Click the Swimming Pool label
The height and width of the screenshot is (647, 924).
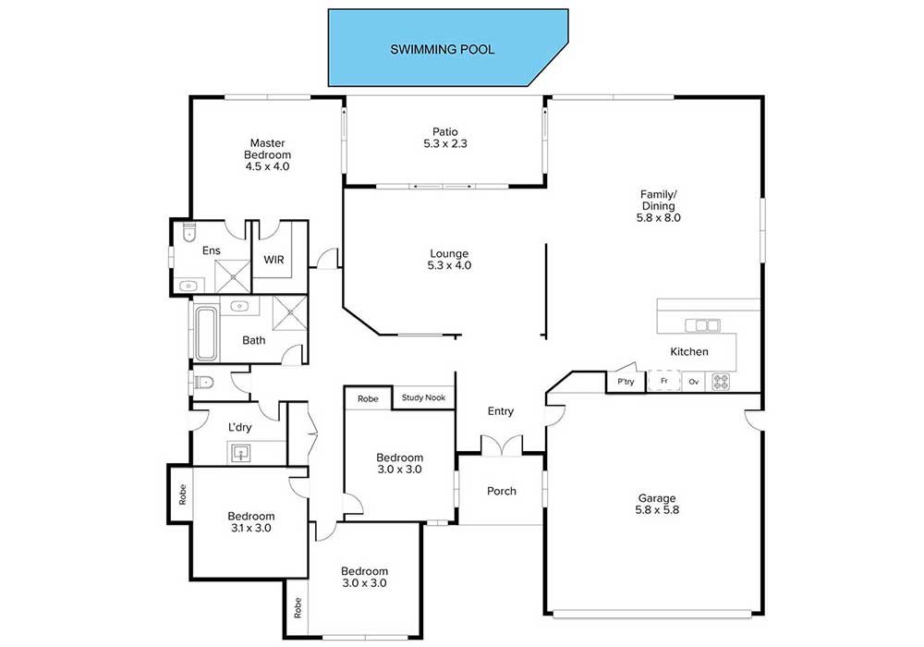coord(442,50)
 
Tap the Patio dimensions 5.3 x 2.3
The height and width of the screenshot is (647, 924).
coord(445,143)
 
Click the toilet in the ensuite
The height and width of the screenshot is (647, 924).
coord(189,232)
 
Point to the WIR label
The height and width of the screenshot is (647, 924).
coord(274,260)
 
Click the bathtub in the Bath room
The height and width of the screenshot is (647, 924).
coord(206,333)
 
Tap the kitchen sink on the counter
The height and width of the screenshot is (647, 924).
coord(702,325)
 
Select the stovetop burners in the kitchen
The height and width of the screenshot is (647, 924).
coord(721,381)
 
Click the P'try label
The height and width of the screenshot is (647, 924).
coord(626,381)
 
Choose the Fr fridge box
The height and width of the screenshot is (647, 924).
coord(664,381)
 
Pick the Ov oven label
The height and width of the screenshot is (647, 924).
coord(694,382)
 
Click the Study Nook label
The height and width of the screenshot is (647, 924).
coord(423,397)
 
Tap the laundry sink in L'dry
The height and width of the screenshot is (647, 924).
coord(240,454)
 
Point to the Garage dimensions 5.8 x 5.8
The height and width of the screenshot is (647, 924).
coord(657,509)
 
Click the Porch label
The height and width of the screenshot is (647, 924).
coord(502,491)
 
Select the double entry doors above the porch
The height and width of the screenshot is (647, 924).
coord(502,445)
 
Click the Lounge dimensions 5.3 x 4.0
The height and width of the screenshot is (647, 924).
coord(449,265)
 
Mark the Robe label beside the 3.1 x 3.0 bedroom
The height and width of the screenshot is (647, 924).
coord(183,494)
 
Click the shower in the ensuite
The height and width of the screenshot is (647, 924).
coord(232,275)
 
